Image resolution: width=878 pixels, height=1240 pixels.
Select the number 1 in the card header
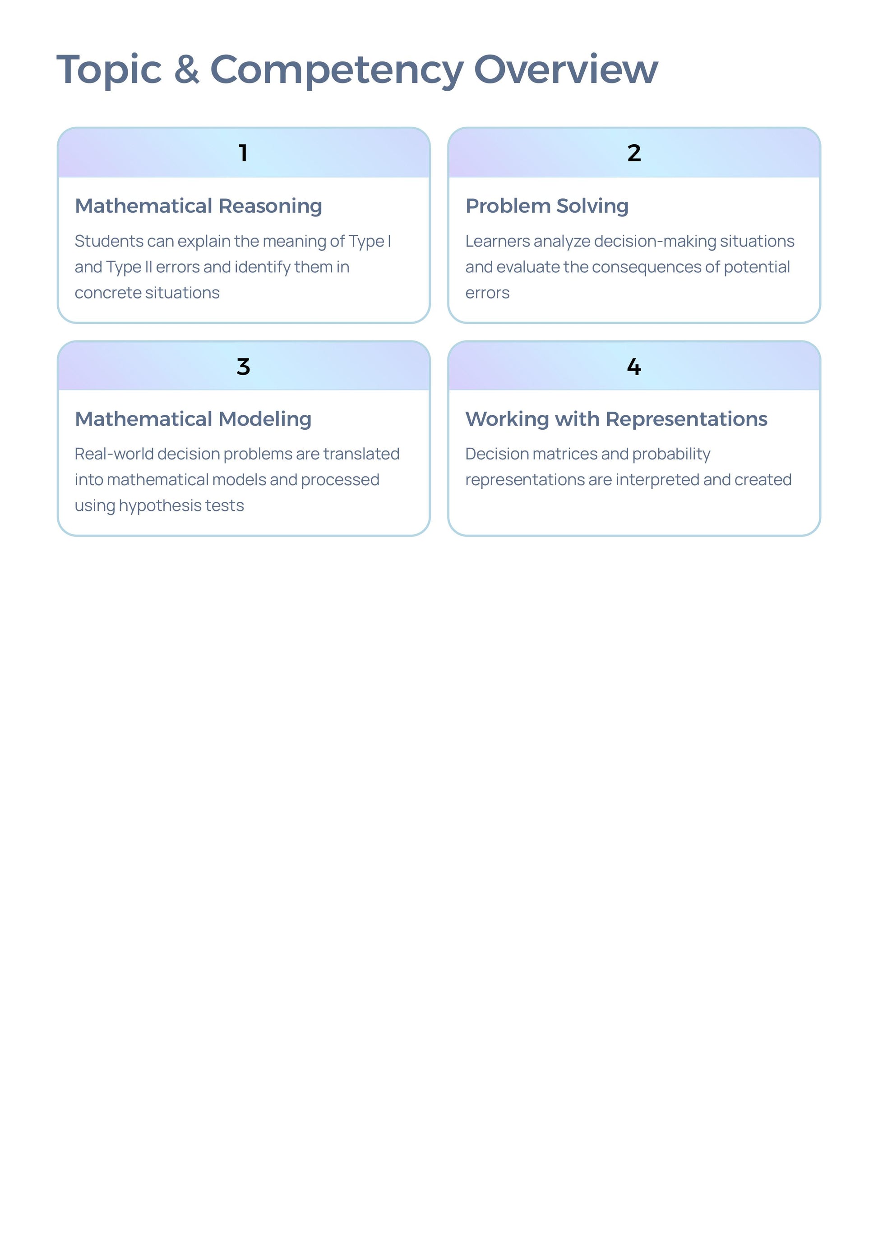click(243, 153)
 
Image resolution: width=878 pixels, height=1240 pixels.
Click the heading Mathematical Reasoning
click(199, 207)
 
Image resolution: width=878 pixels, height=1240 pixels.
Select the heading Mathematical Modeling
click(193, 419)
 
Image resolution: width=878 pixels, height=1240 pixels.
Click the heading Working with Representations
click(616, 419)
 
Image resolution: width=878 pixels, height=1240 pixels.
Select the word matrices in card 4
click(564, 454)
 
